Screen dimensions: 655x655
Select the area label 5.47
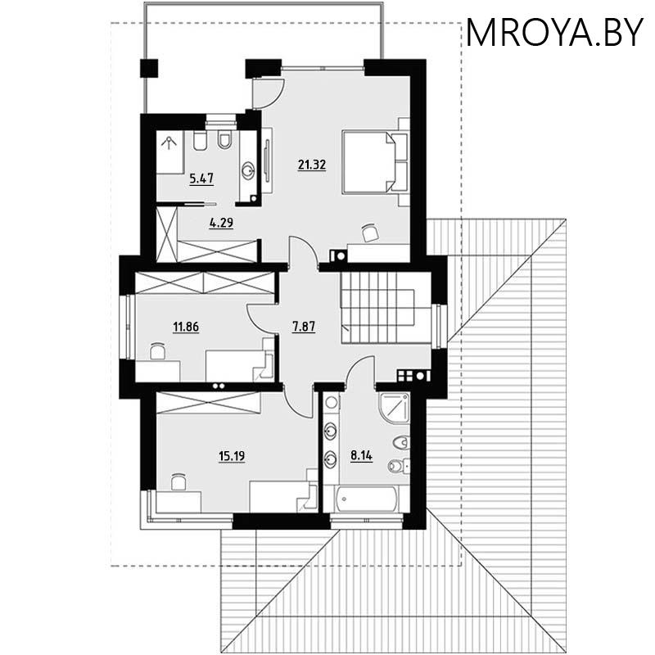[201, 176]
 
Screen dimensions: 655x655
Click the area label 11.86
[186, 327]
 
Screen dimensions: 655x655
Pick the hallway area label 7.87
[304, 326]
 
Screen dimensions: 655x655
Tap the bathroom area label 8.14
[361, 456]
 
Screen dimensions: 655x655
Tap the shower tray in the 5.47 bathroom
[171, 151]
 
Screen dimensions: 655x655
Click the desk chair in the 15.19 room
[178, 481]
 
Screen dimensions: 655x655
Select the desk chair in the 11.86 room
[158, 351]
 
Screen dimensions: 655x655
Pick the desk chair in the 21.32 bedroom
[369, 233]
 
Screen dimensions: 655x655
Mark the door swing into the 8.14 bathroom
[360, 373]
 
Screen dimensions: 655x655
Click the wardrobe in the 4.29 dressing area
[218, 249]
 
